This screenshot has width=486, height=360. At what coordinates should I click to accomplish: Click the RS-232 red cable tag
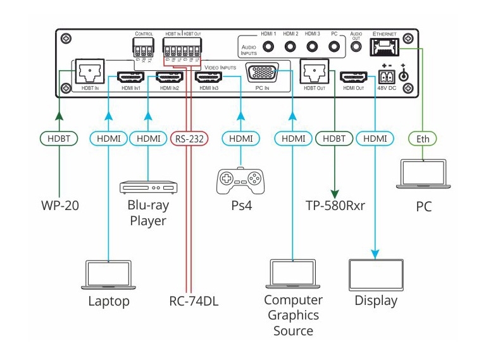point(188,138)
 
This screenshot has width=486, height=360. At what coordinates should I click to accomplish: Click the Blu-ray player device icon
point(149,187)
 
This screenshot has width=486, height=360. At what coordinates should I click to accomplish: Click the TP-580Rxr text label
point(334,206)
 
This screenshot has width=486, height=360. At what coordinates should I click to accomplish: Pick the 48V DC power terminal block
point(385,77)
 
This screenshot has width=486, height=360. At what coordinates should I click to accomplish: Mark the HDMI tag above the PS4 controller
point(240,138)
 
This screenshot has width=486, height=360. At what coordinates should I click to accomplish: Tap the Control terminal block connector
point(144,46)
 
